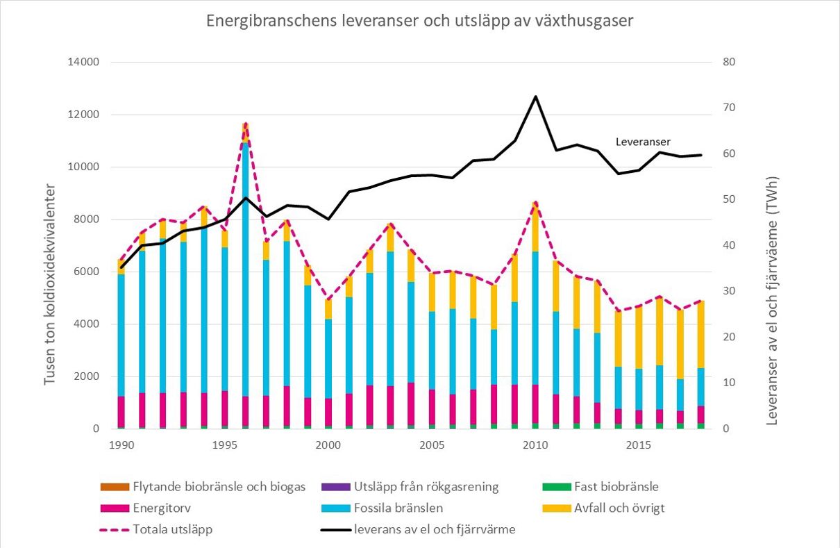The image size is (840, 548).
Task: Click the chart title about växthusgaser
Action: point(420,21)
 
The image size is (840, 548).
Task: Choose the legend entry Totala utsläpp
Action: point(180,529)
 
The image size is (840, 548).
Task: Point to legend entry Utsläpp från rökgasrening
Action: point(426,487)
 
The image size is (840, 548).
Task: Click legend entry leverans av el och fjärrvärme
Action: point(435,529)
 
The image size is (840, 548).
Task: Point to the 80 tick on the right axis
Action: point(728,63)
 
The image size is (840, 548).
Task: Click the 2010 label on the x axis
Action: point(535,443)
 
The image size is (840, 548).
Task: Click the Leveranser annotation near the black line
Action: point(643,142)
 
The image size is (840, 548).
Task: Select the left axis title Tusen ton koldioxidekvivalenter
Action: point(50,285)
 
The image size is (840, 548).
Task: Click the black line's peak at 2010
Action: point(535,97)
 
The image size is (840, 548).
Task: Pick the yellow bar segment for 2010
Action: point(535,226)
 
